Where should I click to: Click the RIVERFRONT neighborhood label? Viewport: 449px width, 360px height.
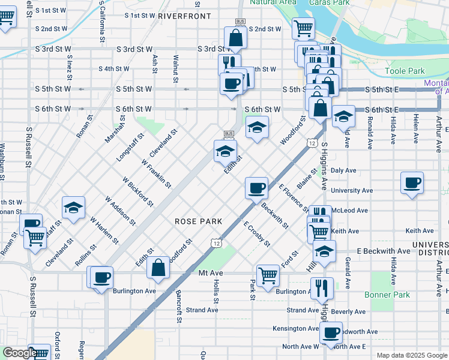[185, 16]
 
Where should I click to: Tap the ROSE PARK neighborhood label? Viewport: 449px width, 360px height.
[199, 221]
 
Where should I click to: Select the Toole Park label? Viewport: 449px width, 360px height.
[405, 71]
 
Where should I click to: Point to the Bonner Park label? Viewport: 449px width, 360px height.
[387, 295]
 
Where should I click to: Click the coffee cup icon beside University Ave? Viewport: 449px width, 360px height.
[412, 182]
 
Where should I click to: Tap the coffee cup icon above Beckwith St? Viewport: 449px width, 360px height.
[256, 188]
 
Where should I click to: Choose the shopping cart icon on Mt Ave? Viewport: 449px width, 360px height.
[268, 275]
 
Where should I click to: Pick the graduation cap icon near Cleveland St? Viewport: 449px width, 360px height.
[73, 208]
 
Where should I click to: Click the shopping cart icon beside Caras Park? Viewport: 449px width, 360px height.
[304, 28]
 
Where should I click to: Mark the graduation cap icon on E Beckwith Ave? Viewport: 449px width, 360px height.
[324, 251]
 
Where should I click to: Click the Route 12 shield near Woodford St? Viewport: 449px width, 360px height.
[312, 143]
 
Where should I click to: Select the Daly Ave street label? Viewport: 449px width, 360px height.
[340, 170]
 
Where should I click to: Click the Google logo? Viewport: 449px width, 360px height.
[20, 353]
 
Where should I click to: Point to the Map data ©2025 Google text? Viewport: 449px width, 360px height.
[412, 355]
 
